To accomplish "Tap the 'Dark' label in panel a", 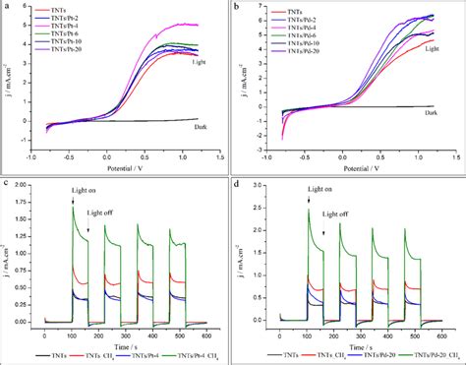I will pyautogui.click(x=204, y=109).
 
